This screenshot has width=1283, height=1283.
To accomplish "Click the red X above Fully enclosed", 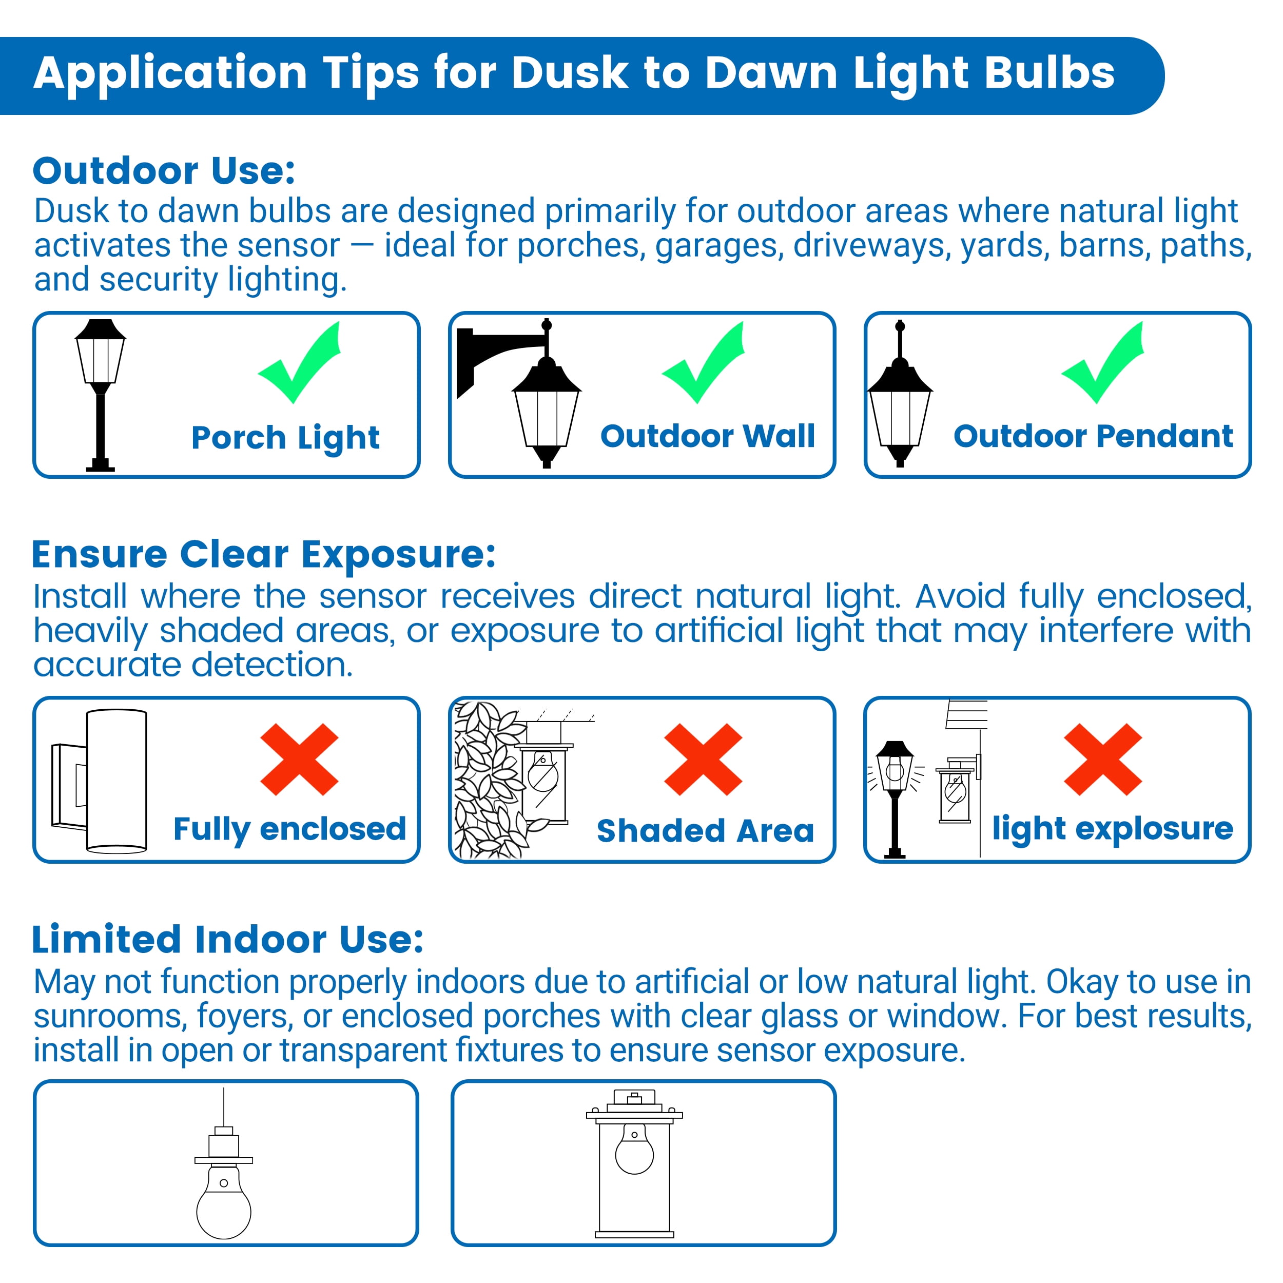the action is (300, 760).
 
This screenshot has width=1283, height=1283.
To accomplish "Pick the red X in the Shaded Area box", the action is (703, 760).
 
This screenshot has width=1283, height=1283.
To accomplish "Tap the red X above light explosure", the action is (1103, 760).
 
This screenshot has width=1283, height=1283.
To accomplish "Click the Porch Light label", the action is (285, 438).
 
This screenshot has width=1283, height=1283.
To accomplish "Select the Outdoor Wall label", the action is (708, 436).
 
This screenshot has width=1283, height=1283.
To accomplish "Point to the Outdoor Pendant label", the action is (1093, 436).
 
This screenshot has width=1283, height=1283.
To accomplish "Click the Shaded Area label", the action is (705, 831).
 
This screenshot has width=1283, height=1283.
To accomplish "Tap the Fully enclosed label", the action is (289, 829).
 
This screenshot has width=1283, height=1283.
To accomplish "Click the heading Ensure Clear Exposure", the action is (264, 554).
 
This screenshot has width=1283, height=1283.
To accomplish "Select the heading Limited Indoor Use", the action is (228, 940).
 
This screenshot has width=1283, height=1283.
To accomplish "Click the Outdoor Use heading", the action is (164, 171).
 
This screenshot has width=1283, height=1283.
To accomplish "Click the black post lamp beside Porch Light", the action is (100, 396).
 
